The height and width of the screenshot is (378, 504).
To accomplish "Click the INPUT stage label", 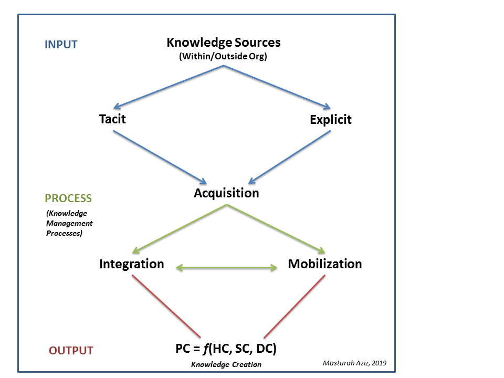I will [x=61, y=45].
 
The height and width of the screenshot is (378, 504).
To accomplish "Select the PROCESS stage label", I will [x=68, y=198].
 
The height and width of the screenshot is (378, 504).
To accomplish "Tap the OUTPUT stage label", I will [x=71, y=351].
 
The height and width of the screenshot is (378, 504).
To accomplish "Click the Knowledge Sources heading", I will [x=223, y=43].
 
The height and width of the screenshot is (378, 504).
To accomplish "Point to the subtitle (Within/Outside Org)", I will [x=223, y=57].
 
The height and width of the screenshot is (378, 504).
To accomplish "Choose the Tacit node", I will [x=112, y=119].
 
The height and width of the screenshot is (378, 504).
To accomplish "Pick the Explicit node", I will [x=330, y=120].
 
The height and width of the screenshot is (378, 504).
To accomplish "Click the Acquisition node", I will [x=226, y=193].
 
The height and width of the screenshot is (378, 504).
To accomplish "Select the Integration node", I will [x=131, y=264].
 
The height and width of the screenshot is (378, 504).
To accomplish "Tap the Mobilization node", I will [x=324, y=264].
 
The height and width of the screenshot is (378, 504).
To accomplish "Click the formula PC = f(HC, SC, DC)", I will [x=226, y=348].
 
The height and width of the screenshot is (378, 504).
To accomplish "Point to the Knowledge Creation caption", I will [x=226, y=364].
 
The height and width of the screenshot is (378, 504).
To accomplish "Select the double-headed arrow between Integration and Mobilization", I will [x=227, y=268].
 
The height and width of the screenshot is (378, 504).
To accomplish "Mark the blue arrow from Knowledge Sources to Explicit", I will [x=278, y=86].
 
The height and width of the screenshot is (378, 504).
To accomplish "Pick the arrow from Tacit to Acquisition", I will [x=157, y=155].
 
